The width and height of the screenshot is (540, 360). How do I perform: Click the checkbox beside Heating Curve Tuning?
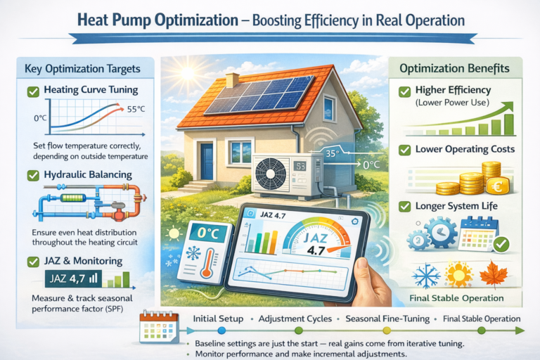(33, 91)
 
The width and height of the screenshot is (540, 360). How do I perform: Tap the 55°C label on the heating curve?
(136, 109)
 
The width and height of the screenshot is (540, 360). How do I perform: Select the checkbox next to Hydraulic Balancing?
(33, 175)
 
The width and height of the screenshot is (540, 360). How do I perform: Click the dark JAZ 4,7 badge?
(73, 278)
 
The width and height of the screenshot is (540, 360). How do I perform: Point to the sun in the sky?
(188, 72)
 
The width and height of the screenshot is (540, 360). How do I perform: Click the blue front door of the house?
(207, 161)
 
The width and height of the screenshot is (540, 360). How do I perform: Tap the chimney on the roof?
(233, 80)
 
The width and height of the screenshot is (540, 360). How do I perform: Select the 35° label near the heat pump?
(333, 153)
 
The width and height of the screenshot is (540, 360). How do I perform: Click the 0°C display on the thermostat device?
(208, 234)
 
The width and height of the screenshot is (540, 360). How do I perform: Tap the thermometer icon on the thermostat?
(207, 264)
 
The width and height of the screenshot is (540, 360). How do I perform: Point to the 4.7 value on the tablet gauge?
(316, 250)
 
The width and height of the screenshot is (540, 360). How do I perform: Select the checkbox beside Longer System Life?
(404, 207)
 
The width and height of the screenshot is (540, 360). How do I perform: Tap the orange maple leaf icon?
(494, 274)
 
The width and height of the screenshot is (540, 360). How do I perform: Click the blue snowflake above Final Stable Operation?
(426, 276)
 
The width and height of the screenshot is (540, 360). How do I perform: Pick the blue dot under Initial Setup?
(221, 330)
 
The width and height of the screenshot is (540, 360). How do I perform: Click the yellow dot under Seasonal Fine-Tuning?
(387, 330)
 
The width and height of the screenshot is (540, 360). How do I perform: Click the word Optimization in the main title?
(196, 20)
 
